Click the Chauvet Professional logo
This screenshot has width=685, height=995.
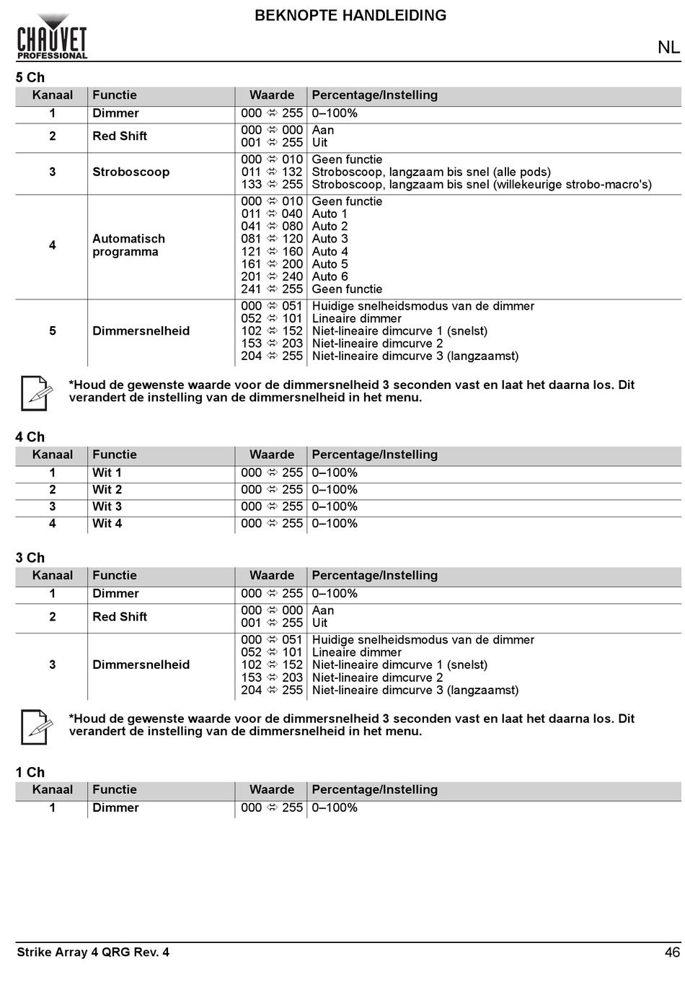pyautogui.click(x=52, y=38)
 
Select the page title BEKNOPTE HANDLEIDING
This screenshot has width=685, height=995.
pyautogui.click(x=350, y=15)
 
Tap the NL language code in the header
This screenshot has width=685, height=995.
pyautogui.click(x=668, y=47)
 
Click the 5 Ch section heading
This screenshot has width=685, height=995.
pyautogui.click(x=30, y=77)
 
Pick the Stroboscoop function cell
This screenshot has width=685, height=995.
pyautogui.click(x=131, y=172)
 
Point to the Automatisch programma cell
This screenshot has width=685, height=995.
pyautogui.click(x=128, y=245)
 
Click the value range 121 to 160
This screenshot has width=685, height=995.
pyautogui.click(x=272, y=252)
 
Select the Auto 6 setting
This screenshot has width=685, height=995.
pyautogui.click(x=330, y=276)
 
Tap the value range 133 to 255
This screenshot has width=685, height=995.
pyautogui.click(x=272, y=184)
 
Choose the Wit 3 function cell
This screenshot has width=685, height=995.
pyautogui.click(x=107, y=507)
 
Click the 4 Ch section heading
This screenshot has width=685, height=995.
pyautogui.click(x=30, y=437)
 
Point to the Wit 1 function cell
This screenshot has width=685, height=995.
pyautogui.click(x=107, y=473)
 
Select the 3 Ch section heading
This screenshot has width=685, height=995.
pyautogui.click(x=30, y=558)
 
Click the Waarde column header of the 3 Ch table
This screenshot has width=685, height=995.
pyautogui.click(x=272, y=575)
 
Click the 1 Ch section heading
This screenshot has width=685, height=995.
pyautogui.click(x=30, y=772)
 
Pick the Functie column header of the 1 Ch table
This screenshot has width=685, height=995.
pyautogui.click(x=114, y=789)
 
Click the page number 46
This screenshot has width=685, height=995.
pyautogui.click(x=672, y=952)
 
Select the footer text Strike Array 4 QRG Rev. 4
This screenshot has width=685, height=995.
pyautogui.click(x=93, y=952)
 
